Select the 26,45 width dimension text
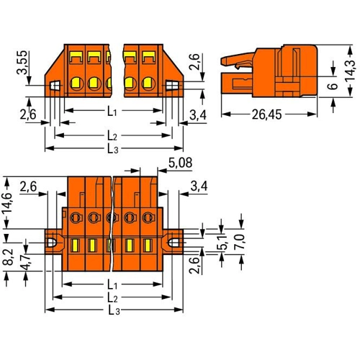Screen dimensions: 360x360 (x=266, y=114)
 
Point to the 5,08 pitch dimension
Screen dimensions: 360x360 (x=180, y=163)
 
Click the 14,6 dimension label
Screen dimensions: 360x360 (x=7, y=203)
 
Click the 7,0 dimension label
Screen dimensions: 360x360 (x=240, y=241)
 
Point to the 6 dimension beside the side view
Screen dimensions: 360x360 (x=333, y=86)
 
